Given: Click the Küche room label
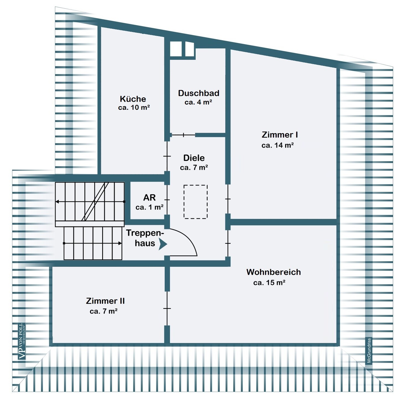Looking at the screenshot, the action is point(133,99).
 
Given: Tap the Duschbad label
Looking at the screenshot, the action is point(198,93).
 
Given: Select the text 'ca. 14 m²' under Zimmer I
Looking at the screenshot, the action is point(277,145).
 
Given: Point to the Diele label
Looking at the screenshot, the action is point(194,158).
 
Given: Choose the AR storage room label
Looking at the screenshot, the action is point(149,198).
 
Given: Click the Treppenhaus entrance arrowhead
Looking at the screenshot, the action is point(163,244).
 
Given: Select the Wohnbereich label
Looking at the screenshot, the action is point(273,272).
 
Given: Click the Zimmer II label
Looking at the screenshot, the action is point(105,301).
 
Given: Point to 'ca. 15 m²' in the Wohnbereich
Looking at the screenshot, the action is point(269,282).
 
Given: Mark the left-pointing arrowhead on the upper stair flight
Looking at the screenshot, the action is point(57,202).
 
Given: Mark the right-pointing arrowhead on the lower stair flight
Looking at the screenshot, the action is point(120,243).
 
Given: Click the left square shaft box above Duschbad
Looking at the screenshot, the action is point(175,49).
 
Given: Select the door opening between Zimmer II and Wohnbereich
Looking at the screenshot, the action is point(167,308).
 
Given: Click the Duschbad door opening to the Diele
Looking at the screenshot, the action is point(183,135).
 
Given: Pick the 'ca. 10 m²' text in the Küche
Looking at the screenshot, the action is point(134,107).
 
